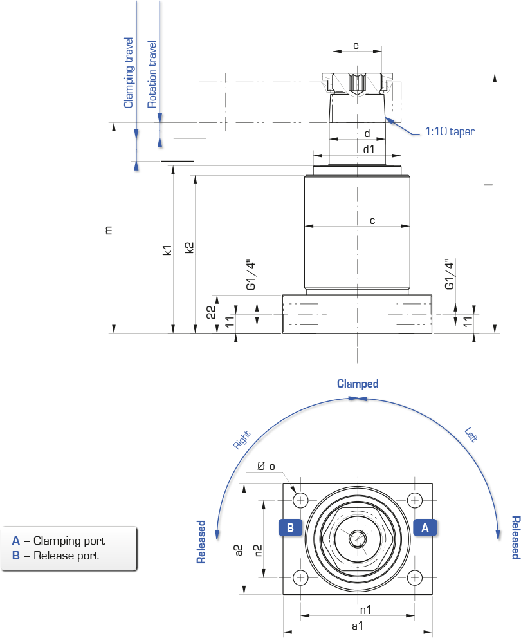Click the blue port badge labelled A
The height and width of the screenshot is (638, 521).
tap(425, 528)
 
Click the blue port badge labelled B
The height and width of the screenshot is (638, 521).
tap(290, 528)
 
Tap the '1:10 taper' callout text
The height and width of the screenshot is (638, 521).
tap(450, 131)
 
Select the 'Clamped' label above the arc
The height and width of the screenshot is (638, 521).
tap(358, 384)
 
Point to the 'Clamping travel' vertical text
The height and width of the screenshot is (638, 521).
tap(129, 73)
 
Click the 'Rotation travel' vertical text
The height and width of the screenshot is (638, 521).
tap(152, 74)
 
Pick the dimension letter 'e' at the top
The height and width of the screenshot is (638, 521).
tap(356, 46)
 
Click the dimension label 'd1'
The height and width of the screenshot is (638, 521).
tap(369, 149)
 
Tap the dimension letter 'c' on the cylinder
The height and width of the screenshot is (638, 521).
tap(372, 221)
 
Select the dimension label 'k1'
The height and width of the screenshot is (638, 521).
tap(167, 250)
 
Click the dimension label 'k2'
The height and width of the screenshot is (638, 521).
tap(189, 248)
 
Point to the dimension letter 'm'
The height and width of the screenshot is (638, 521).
tap(108, 230)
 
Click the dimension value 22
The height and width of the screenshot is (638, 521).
tap(211, 312)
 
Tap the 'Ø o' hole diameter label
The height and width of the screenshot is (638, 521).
tap(266, 466)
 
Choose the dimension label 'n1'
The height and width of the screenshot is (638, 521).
tap(366, 610)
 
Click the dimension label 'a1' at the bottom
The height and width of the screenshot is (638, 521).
tap(358, 626)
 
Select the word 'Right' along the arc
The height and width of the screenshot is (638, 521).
tap(241, 440)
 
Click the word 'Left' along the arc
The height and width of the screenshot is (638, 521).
tap(471, 435)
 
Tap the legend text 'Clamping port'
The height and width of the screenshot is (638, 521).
tap(69, 541)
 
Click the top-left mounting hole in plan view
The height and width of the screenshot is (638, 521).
tap(301, 500)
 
